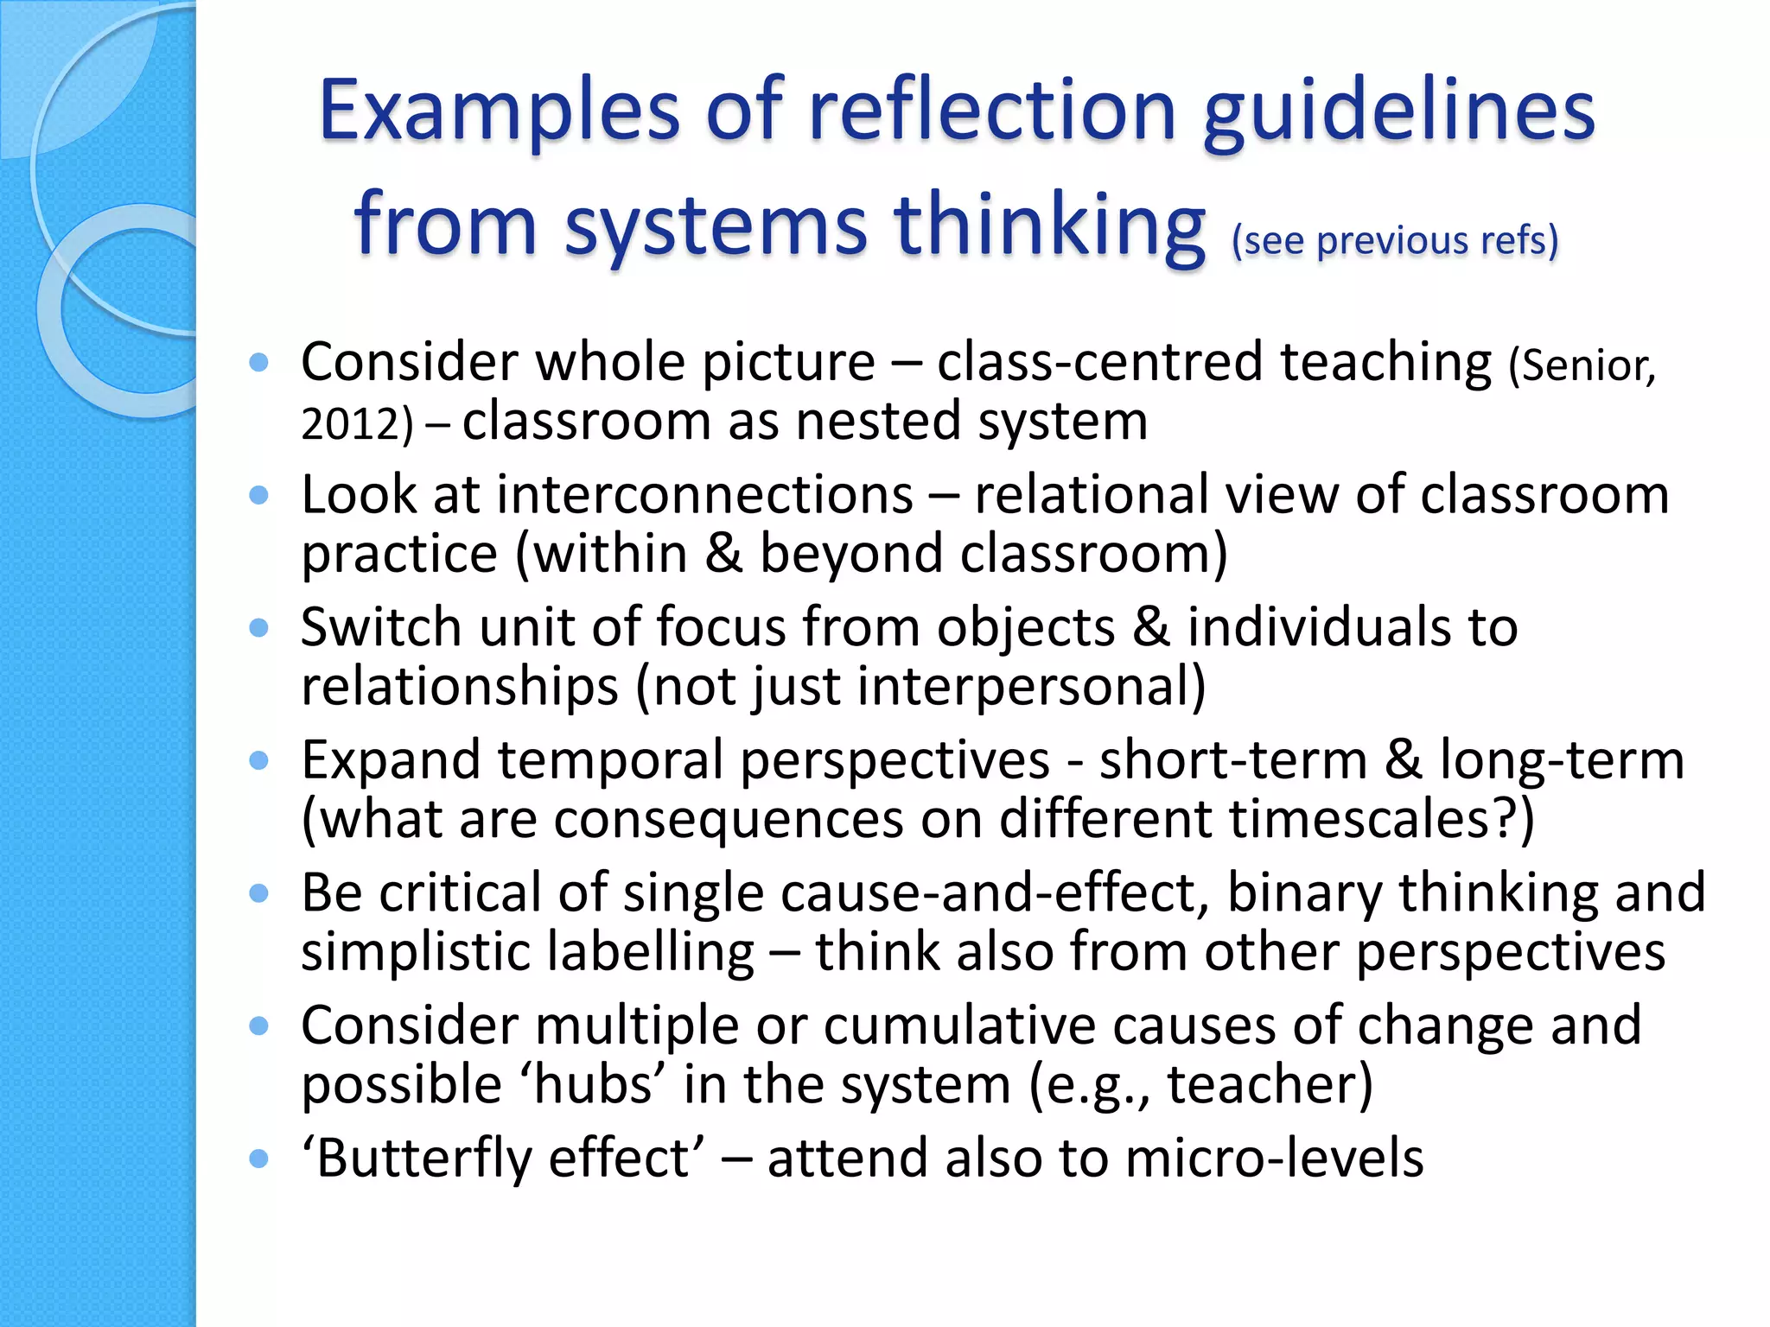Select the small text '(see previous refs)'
coord(1395,240)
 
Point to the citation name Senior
coord(1578,366)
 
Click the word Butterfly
coord(423,1159)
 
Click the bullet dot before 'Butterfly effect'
coord(258,1159)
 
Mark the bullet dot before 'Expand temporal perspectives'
coord(258,761)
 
